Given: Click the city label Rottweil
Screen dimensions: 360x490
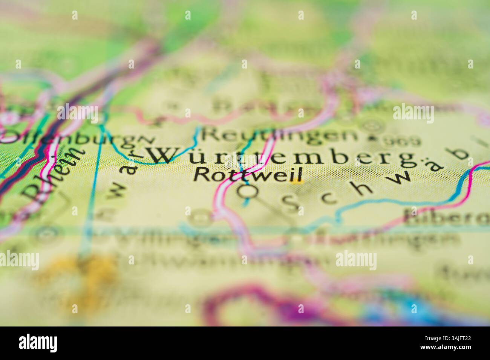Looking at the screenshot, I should click(x=249, y=174).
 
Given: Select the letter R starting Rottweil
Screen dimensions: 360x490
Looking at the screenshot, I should click(x=202, y=174).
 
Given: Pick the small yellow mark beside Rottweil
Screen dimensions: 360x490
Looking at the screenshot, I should click(x=298, y=182).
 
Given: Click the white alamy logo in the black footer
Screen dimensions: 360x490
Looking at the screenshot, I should click(x=38, y=343).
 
